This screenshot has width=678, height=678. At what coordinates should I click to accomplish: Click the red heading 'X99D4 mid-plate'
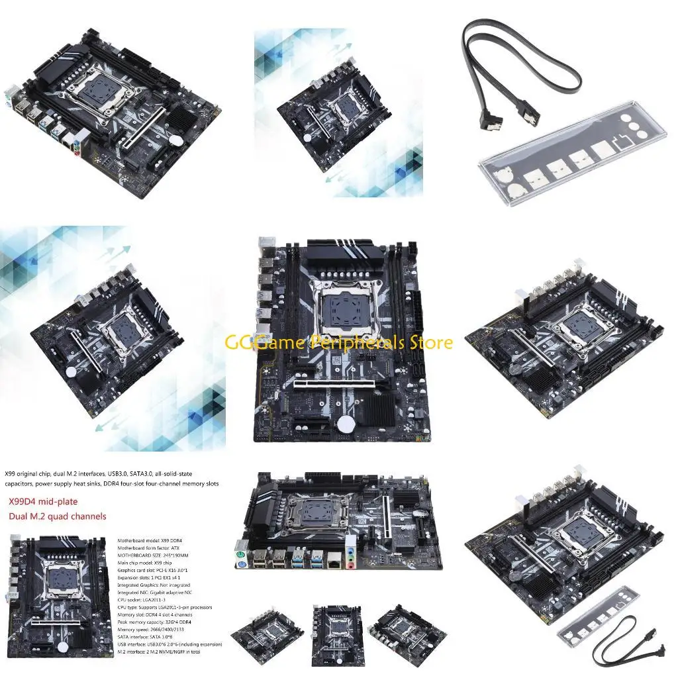pyautogui.click(x=48, y=503)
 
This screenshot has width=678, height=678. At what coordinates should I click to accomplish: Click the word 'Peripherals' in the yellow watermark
pyautogui.click(x=358, y=342)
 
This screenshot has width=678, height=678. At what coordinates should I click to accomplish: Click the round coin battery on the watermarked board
pyautogui.click(x=345, y=424)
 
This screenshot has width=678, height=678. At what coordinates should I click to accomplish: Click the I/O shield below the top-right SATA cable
pyautogui.click(x=563, y=165)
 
